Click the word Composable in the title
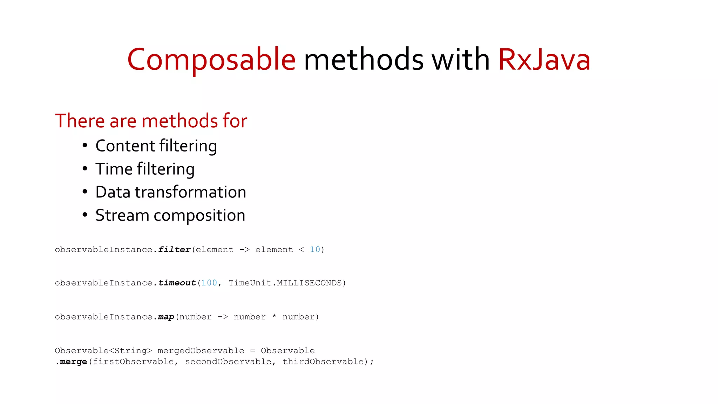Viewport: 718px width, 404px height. click(x=211, y=60)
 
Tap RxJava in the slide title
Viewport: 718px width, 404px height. click(x=544, y=60)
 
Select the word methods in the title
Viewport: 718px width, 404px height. click(x=364, y=60)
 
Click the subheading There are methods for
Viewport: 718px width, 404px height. click(x=151, y=121)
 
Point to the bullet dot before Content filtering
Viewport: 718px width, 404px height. click(x=85, y=146)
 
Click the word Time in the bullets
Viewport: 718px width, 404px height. click(x=114, y=169)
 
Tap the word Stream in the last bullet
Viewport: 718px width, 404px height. click(x=122, y=215)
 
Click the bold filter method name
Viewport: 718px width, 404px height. click(x=174, y=250)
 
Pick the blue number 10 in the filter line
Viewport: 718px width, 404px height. click(x=315, y=250)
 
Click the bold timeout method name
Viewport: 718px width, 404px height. click(x=177, y=283)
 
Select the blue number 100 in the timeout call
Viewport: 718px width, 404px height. click(x=209, y=283)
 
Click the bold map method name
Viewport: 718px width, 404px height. click(x=166, y=317)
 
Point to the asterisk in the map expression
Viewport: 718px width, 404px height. click(x=274, y=317)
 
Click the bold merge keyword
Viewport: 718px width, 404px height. click(x=73, y=362)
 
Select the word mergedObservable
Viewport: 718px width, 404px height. click(x=201, y=351)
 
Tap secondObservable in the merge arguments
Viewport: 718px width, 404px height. click(x=228, y=362)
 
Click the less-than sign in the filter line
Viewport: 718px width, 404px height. click(x=302, y=250)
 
